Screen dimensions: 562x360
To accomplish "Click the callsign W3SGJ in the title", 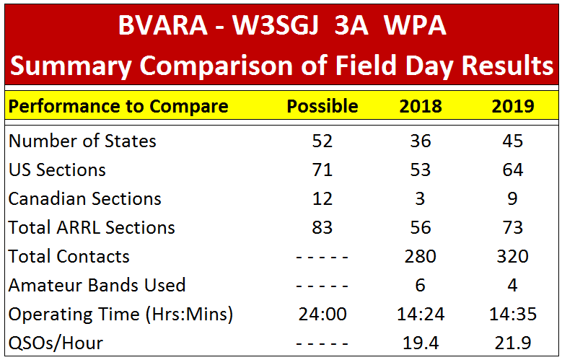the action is pos(276,26).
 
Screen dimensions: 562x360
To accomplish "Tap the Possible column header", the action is pos(322,106).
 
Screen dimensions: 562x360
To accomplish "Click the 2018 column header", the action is pos(421,106).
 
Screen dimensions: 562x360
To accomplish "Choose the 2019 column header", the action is pos(512,106).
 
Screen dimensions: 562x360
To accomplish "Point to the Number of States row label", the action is pos(82,141).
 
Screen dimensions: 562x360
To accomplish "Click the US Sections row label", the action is pos(57,170).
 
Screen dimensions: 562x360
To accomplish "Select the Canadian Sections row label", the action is pos(84,198).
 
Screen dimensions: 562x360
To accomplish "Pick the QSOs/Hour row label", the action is pos(56,343).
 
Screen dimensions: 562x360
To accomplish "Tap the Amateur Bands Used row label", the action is pos(97,286).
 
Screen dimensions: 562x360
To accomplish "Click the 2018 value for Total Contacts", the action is pos(420,256).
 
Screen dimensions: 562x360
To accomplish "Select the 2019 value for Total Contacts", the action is pos(512,256).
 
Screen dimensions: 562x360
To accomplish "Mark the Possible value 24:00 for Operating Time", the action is pos(322,315).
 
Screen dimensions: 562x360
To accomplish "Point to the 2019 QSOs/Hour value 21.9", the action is pos(512,343).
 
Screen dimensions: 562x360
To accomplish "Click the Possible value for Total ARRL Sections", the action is pos(322,228).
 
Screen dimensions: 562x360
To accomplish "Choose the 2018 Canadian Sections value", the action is pos(420,198).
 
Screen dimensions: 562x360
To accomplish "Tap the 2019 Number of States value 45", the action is pos(512,141).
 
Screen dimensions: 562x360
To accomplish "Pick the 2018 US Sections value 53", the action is pos(421,170).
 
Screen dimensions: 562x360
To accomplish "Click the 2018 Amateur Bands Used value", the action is pos(420,286).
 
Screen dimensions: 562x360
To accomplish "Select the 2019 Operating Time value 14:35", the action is pos(513,315).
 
